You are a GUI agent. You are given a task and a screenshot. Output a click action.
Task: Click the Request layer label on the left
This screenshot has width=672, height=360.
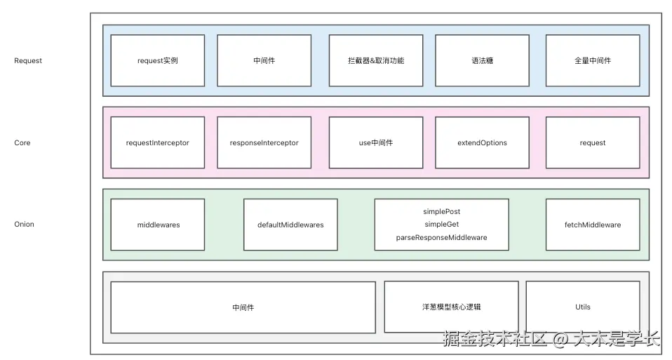coord(28,60)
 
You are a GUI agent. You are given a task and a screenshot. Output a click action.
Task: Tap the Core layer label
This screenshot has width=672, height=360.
coord(22,142)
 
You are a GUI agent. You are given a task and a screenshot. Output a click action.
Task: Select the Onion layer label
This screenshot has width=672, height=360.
coord(24,225)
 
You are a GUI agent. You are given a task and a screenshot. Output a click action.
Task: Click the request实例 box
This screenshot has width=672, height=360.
coord(157,60)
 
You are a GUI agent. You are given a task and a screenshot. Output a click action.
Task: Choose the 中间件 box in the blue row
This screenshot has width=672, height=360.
coord(264,60)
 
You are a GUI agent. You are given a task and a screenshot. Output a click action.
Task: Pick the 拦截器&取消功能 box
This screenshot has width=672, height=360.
coord(376,60)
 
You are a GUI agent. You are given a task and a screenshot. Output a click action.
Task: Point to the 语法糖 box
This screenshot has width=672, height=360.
coord(482,60)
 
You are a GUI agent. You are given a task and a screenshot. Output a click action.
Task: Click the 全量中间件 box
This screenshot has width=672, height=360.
coord(592,60)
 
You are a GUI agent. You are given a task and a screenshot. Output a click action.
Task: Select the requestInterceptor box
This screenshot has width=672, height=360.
coord(157,142)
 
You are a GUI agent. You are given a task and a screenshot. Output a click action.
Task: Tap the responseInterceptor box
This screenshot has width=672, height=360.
coord(264,142)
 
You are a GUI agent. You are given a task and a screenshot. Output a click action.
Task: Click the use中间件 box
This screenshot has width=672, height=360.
coord(376,142)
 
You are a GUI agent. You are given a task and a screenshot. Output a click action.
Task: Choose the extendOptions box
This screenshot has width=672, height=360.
coord(482,142)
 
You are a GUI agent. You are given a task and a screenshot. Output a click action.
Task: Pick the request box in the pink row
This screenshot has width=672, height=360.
coord(592,142)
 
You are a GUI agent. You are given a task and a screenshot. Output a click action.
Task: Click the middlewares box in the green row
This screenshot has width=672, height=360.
coord(157,225)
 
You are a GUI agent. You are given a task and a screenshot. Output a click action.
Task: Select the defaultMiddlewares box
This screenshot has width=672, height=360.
coord(290,225)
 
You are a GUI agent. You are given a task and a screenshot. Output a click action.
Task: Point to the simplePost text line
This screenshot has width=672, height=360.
coord(441,211)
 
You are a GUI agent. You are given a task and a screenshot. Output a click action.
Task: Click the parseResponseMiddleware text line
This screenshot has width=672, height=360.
coord(441,238)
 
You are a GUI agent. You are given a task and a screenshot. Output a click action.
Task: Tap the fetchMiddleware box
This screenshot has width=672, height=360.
coord(592,225)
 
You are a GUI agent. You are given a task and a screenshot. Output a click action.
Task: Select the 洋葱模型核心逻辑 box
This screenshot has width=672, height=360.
coord(451,307)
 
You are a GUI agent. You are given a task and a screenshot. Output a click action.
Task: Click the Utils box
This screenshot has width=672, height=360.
coord(582,307)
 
